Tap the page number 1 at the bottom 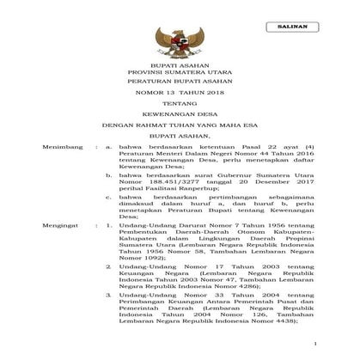315,345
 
